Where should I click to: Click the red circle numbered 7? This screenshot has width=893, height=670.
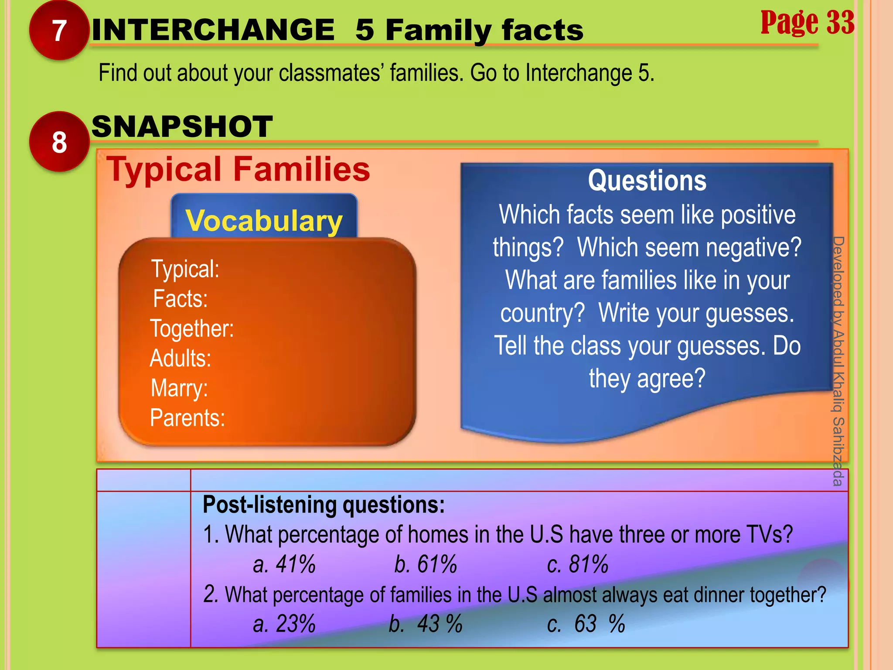[x=59, y=31]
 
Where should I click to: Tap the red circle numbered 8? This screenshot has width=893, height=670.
[x=59, y=142]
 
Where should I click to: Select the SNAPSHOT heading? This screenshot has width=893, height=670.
[x=182, y=127]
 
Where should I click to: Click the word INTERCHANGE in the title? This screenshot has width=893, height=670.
[x=213, y=30]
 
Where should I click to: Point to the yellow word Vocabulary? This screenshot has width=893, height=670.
[x=264, y=221]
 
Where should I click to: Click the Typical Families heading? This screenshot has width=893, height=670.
[x=238, y=169]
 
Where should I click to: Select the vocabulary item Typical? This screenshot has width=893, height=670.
[x=185, y=269]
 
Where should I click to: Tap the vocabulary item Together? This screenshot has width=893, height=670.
[x=192, y=328]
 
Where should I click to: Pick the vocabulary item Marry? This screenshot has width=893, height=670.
[x=179, y=388]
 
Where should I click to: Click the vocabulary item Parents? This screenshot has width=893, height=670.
[x=187, y=418]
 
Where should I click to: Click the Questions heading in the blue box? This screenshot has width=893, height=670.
[x=647, y=181]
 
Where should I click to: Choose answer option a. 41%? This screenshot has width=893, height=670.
[x=284, y=564]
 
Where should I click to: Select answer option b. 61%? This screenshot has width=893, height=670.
[x=426, y=564]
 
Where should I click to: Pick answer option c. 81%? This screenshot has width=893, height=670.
[x=578, y=564]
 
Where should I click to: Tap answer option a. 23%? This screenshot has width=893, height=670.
[x=284, y=624]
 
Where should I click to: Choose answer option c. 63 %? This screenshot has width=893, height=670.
[x=586, y=624]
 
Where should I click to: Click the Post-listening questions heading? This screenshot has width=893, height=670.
[x=324, y=505]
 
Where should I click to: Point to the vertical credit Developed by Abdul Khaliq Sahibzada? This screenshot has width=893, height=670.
[x=838, y=361]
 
